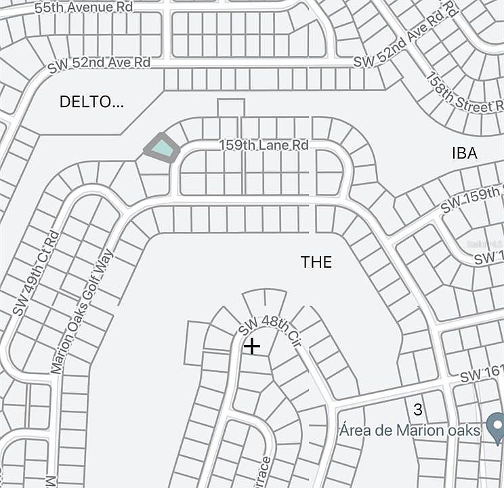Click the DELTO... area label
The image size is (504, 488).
pyautogui.click(x=92, y=102)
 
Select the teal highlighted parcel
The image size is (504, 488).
pyautogui.click(x=161, y=146)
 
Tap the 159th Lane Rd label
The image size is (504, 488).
pyautogui.click(x=264, y=144)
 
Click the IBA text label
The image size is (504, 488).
pyautogui.click(x=464, y=153)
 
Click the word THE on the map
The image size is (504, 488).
pyautogui.click(x=316, y=262)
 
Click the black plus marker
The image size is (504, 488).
pyautogui.click(x=252, y=346)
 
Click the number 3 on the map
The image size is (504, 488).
pyautogui.click(x=418, y=409)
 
